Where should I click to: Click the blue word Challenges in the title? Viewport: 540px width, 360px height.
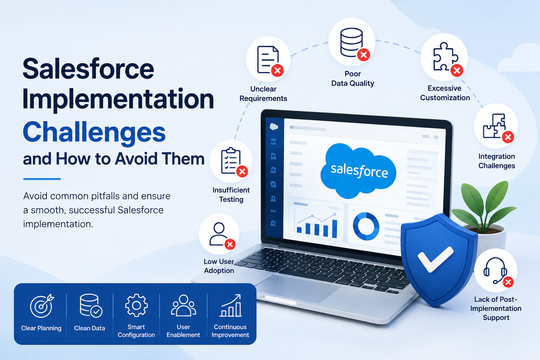pos(94,133)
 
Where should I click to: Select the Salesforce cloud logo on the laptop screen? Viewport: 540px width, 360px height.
pos(358,171)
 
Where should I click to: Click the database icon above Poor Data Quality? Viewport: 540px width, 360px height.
pos(352,43)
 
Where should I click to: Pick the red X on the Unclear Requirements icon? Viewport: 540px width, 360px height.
pos(277,71)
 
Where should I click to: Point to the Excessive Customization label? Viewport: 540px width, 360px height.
pos(445,93)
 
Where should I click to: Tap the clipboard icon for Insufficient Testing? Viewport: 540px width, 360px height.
pos(231,160)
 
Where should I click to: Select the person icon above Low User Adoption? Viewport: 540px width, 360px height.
pos(218,234)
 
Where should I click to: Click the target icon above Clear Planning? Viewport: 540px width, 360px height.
pos(42,306)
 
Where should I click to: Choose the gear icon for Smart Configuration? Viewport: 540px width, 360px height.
pos(136,305)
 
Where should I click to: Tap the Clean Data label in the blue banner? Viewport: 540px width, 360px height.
pos(89,328)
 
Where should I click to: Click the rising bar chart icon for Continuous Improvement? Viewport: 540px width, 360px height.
pos(231,305)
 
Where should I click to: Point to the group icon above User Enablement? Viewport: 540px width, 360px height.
pos(184,305)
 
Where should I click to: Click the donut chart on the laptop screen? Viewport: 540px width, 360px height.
pos(366,226)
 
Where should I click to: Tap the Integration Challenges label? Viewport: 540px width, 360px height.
pos(497,161)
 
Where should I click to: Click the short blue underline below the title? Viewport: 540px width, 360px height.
pos(42,179)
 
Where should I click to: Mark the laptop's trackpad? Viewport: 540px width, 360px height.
pos(298,288)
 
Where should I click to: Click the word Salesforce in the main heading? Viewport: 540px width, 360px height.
pos(88,69)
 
